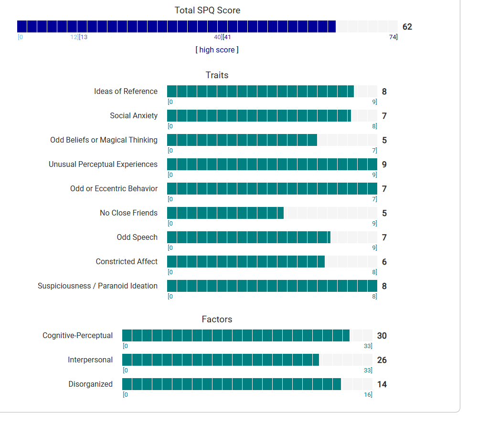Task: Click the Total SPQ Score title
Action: tap(207, 10)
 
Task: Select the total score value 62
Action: tap(407, 27)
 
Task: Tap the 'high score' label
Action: tap(217, 50)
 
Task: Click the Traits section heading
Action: tap(217, 75)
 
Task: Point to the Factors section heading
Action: tap(217, 319)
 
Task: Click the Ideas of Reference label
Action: tap(126, 92)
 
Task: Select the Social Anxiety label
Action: tap(134, 116)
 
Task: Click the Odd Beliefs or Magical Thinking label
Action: tap(104, 140)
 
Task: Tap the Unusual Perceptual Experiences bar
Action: tap(272, 165)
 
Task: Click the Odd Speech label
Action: tap(137, 237)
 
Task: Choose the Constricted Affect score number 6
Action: tap(384, 262)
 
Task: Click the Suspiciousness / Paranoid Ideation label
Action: tap(97, 286)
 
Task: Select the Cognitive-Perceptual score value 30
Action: tap(382, 336)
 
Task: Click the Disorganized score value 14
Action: tap(382, 384)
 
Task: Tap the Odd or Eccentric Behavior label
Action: tap(114, 189)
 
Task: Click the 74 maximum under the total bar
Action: tap(393, 37)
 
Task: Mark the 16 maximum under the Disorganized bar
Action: tap(368, 395)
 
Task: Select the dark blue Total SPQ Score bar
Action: tap(176, 27)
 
